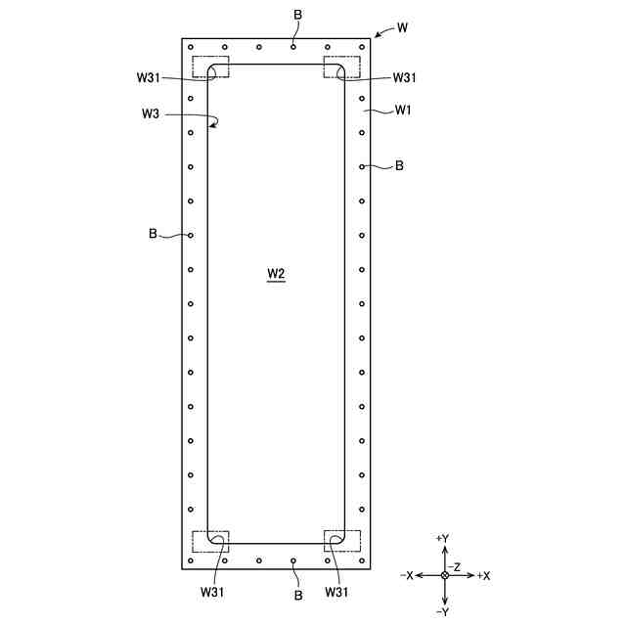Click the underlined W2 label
276,274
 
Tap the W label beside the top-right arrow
402,27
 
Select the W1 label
403,110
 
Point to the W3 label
151,113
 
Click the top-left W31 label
148,77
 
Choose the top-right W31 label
404,77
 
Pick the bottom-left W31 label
212,592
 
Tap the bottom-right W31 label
336,592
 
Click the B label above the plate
297,15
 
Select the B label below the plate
298,596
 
